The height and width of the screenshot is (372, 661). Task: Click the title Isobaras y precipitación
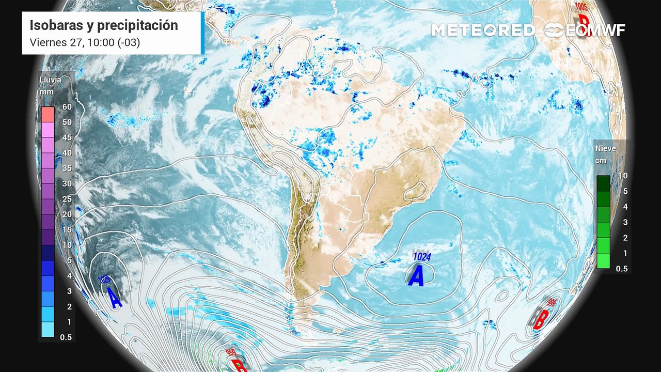click(103, 25)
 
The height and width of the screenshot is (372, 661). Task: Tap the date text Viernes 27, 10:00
click(85, 43)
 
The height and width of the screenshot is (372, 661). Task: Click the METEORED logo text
click(483, 30)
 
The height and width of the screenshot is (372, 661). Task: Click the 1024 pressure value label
click(422, 256)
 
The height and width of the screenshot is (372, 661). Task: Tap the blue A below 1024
click(416, 275)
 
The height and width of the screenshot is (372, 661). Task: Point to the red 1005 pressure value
click(581, 6)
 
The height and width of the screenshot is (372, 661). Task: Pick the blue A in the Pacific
click(115, 297)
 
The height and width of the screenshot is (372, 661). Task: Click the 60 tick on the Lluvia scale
click(67, 107)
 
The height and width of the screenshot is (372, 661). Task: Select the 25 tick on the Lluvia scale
click(67, 199)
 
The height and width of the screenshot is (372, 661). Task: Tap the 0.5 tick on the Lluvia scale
click(67, 337)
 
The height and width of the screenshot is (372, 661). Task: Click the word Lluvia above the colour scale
click(50, 80)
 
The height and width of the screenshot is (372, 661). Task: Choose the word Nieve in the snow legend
click(606, 148)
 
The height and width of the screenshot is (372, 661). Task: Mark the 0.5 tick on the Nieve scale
click(622, 269)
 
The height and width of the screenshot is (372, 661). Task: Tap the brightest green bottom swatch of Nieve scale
click(603, 261)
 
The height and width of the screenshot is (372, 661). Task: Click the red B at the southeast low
click(539, 319)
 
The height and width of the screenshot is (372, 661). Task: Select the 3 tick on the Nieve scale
click(625, 222)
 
